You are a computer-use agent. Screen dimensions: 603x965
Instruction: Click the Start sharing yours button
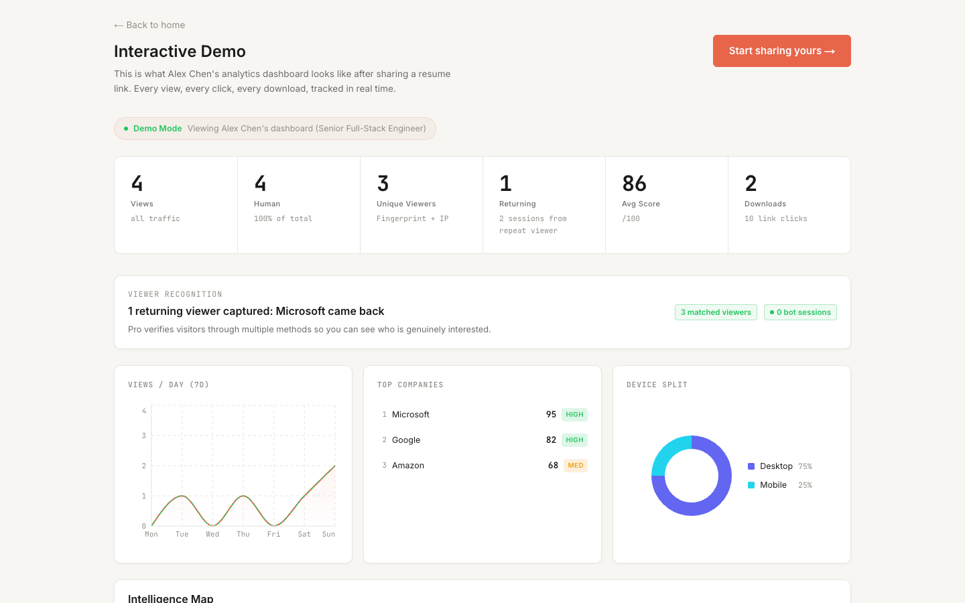[781, 51]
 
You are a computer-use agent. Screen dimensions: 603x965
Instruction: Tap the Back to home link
[149, 25]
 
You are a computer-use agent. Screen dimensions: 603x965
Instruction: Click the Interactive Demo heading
[180, 52]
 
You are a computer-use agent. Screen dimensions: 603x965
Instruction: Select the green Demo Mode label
[157, 129]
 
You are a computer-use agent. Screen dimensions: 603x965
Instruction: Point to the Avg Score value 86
[634, 183]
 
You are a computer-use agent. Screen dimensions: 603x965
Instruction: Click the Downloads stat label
[765, 204]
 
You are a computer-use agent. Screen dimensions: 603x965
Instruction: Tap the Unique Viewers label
[406, 204]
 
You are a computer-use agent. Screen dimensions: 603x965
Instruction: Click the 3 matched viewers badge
[716, 312]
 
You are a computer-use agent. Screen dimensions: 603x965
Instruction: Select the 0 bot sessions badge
[800, 312]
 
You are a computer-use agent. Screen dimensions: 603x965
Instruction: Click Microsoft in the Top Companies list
[411, 415]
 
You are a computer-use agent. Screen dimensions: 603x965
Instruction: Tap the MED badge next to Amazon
[575, 466]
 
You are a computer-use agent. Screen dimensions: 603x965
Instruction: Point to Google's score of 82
[551, 440]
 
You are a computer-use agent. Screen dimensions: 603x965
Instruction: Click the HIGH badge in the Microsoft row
[574, 415]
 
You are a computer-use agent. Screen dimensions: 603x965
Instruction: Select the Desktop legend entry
[776, 466]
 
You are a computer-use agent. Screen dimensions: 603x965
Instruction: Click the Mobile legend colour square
[751, 485]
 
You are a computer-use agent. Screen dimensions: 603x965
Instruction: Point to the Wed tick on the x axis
[212, 534]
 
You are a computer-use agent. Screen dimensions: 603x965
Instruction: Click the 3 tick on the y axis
[143, 435]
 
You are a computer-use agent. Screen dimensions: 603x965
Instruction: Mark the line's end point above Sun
[334, 466]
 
